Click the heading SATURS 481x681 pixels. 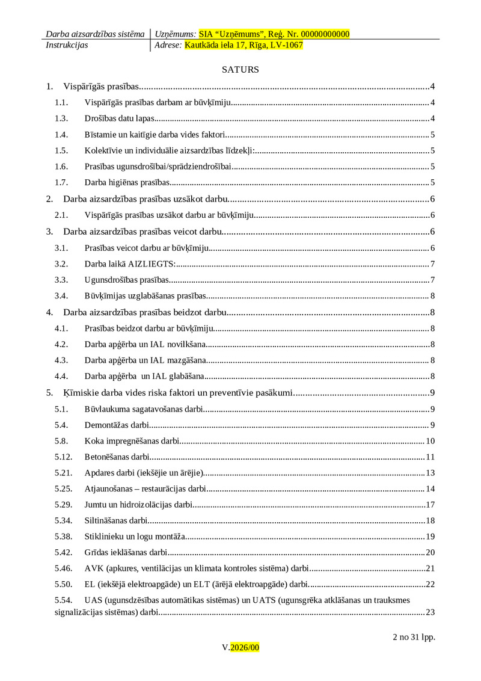point(240,70)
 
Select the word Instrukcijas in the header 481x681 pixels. point(67,45)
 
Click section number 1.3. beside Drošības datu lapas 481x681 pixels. point(61,119)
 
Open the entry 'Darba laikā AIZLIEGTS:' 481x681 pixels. point(130,263)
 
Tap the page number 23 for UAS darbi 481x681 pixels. point(430,612)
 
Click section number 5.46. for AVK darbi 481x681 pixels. point(63,568)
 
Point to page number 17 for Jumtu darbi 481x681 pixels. point(430,504)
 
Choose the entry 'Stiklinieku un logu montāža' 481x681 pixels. point(135,536)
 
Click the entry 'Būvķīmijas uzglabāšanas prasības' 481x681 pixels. point(145,296)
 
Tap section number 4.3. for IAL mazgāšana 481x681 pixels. point(61,360)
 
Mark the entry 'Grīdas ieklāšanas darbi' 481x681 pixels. point(126,552)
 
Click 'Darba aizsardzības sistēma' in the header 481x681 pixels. point(95,34)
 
